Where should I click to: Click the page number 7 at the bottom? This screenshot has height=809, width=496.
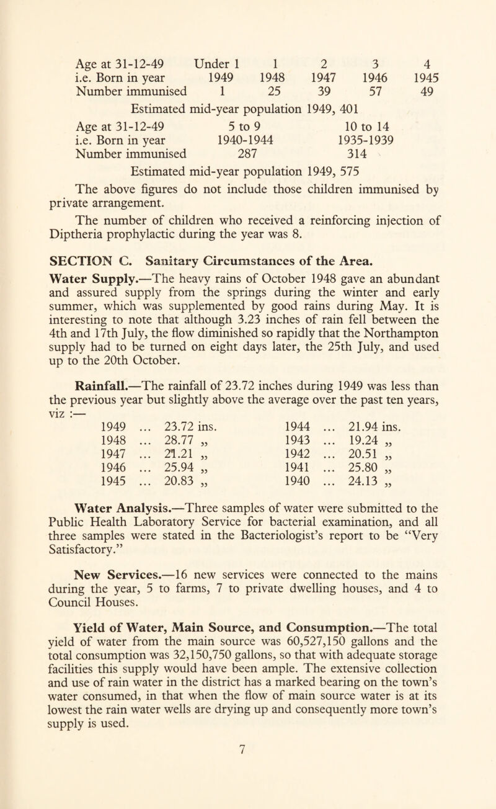tap(248, 790)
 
